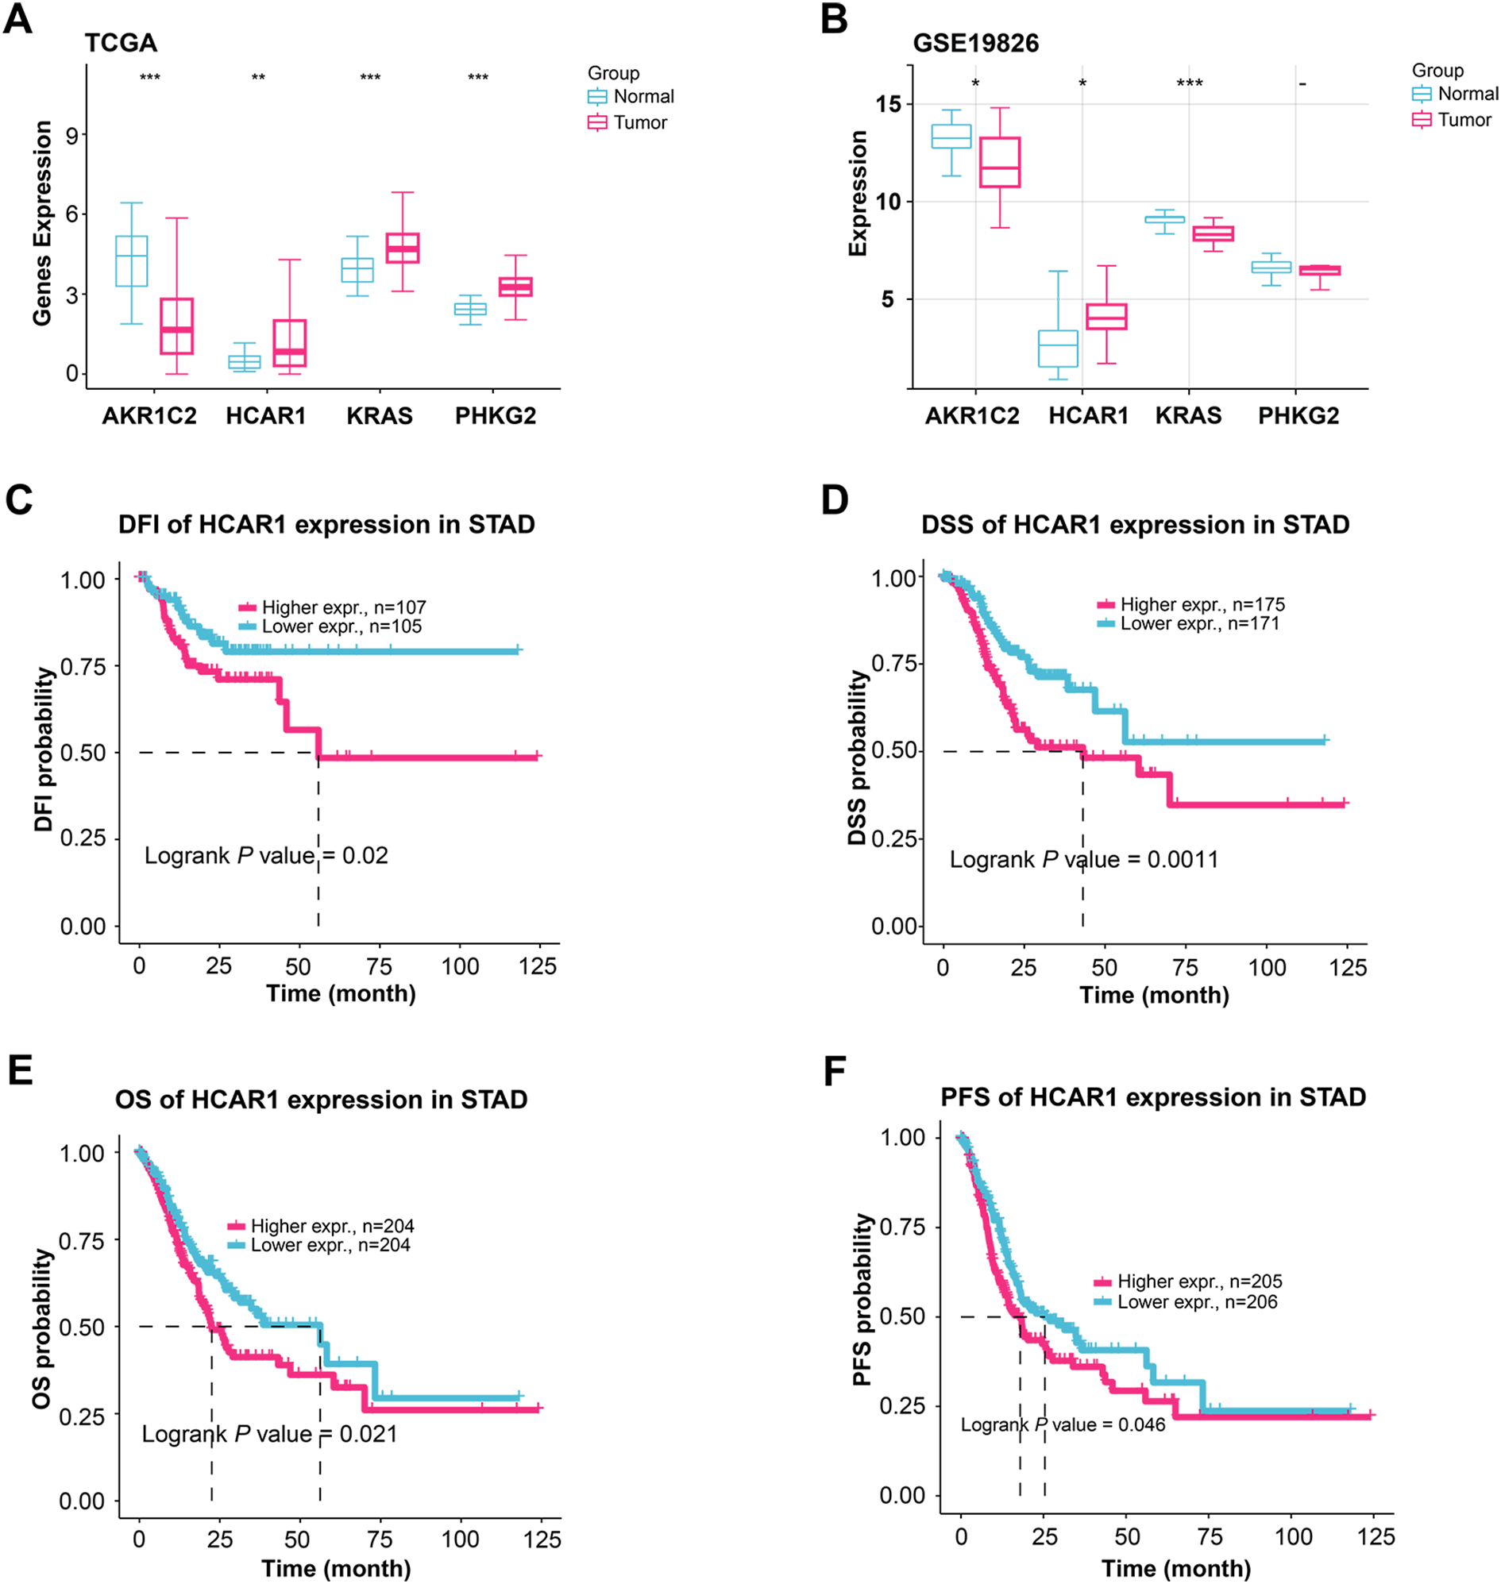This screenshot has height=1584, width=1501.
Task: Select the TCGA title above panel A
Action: tap(121, 42)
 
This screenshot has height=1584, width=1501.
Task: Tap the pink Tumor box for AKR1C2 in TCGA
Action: tap(176, 326)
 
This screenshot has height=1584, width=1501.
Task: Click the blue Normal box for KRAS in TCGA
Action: tap(357, 270)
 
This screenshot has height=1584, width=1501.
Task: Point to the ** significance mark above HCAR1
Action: tap(258, 78)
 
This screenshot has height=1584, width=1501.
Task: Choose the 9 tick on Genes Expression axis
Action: tap(72, 134)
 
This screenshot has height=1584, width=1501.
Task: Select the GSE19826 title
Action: tap(975, 42)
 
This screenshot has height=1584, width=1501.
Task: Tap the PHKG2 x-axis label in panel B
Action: tap(1298, 415)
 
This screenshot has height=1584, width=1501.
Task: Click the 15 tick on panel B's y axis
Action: tap(888, 104)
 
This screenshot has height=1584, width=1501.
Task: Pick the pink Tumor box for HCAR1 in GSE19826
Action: tap(1105, 317)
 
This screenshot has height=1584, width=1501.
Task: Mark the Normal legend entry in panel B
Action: tap(1456, 94)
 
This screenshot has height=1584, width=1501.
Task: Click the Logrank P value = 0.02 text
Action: tap(265, 855)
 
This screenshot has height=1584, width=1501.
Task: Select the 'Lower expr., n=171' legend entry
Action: tap(1189, 623)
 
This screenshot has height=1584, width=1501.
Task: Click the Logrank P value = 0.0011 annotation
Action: tap(1083, 859)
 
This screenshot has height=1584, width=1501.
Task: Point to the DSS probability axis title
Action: tap(858, 757)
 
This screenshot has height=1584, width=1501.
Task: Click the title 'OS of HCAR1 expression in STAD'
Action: tap(321, 1099)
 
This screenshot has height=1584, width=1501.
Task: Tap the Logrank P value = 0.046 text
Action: tap(1063, 1424)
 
